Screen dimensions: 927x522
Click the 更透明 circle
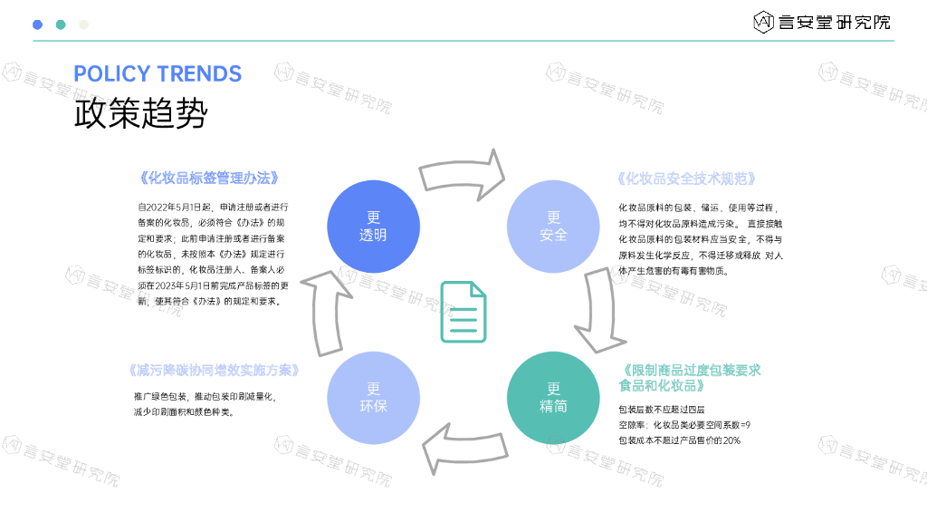point(372,227)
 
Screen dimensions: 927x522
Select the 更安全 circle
point(553,227)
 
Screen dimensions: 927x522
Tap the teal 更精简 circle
point(553,398)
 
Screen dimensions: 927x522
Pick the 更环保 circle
point(372,398)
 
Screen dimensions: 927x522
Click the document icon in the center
point(463,312)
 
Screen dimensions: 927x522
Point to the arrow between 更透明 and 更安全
point(463,172)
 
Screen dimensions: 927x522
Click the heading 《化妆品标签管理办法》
point(209,179)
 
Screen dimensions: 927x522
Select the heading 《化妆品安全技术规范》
point(686,179)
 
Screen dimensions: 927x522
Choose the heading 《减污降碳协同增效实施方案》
point(215,371)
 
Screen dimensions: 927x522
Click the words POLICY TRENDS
point(158,73)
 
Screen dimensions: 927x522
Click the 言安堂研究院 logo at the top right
point(821,21)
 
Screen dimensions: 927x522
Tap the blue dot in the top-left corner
point(37,24)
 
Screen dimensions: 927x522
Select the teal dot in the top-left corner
point(61,24)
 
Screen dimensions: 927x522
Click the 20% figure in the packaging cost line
point(731,440)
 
